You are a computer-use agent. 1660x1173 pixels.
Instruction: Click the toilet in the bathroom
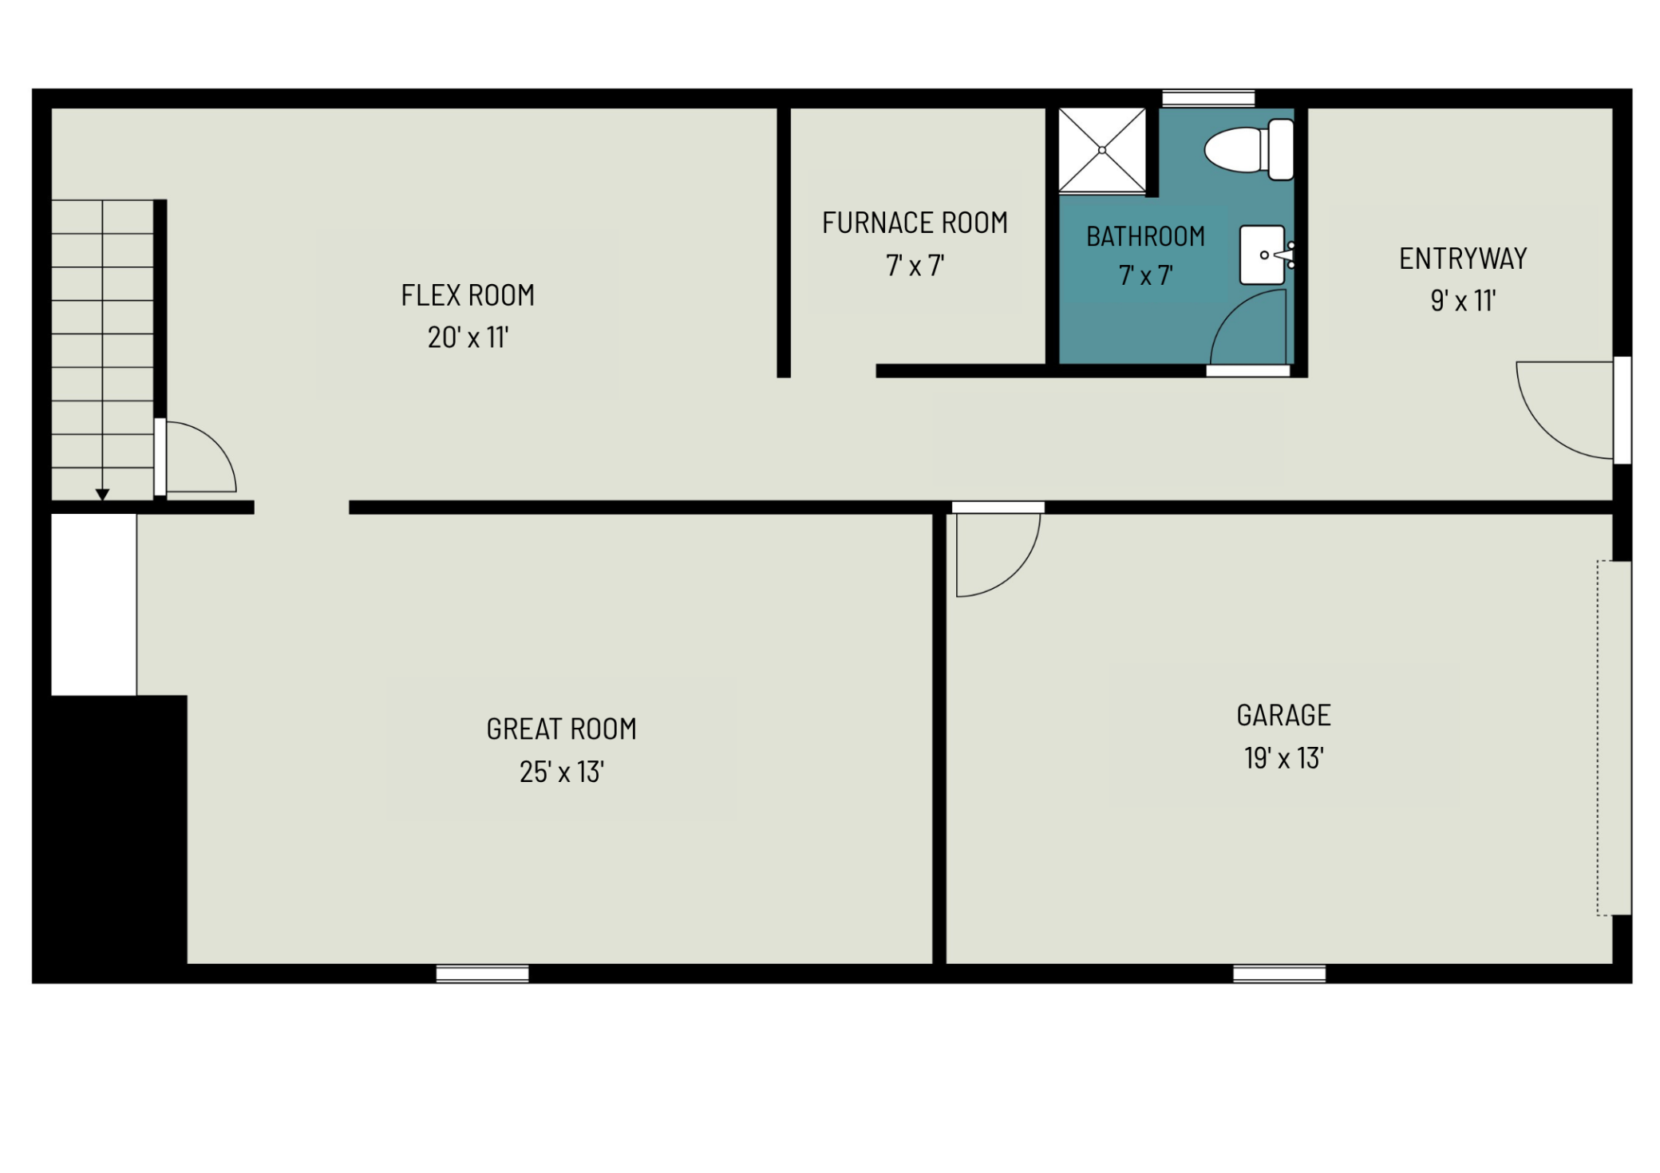(x=1249, y=149)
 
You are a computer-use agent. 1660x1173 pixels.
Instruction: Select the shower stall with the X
(x=1102, y=150)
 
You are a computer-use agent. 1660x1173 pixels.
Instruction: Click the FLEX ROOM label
(x=468, y=295)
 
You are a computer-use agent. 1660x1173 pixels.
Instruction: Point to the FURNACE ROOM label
(x=915, y=223)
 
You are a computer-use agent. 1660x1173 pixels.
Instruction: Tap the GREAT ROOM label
(x=561, y=729)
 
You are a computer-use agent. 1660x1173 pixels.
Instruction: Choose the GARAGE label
(x=1283, y=715)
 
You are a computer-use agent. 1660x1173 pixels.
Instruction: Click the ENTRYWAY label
(x=1463, y=259)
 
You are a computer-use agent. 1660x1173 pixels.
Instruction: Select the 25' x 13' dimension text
(x=561, y=772)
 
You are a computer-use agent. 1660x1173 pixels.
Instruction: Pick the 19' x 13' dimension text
(x=1283, y=757)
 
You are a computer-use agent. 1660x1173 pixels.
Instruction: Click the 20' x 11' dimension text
(x=468, y=338)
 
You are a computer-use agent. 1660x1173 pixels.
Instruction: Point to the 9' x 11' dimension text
(x=1463, y=301)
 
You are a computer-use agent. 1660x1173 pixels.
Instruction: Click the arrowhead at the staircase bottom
(x=102, y=495)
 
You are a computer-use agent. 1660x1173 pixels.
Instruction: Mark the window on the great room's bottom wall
(x=482, y=974)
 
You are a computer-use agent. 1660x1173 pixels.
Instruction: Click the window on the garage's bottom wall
(x=1279, y=974)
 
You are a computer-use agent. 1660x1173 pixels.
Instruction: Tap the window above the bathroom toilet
(x=1208, y=98)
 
